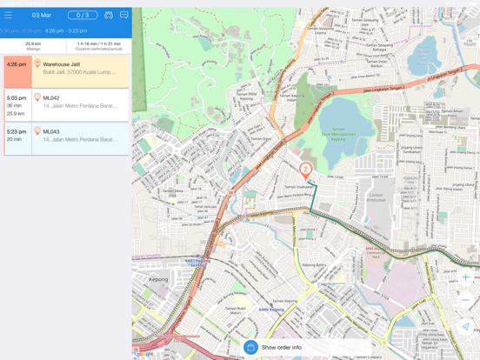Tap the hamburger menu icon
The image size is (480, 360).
[9, 15]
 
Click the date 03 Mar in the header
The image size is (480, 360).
[41, 15]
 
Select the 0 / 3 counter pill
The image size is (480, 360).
[83, 15]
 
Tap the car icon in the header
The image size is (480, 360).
[109, 15]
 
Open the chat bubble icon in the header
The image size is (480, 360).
[123, 15]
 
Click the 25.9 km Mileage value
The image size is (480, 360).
[33, 43]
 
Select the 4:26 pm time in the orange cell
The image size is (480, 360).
[16, 64]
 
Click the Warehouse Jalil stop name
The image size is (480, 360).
[62, 64]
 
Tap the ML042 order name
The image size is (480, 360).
[51, 98]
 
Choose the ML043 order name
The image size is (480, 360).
[51, 131]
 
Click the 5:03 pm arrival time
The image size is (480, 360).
[16, 98]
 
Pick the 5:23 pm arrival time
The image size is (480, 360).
[16, 131]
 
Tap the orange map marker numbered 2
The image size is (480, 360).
[305, 170]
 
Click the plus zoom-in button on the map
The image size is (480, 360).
[465, 277]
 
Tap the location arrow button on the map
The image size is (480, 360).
[465, 327]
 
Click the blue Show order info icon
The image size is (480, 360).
[250, 347]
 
